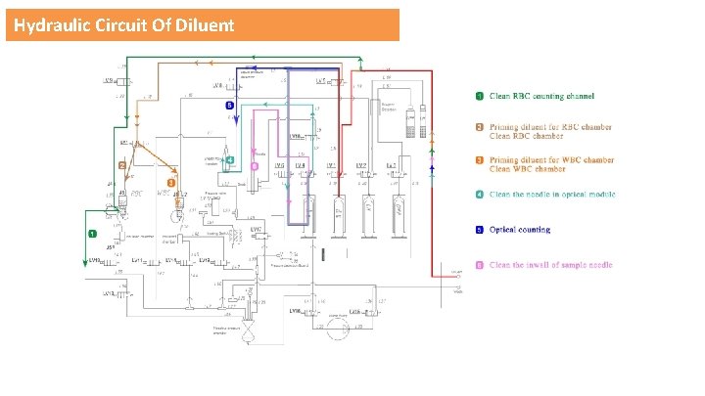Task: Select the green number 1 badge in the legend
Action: coord(480,96)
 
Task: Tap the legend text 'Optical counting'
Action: coord(520,230)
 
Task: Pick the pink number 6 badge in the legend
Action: coord(480,265)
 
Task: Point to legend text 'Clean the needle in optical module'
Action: coord(553,195)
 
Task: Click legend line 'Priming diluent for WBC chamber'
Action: coord(552,159)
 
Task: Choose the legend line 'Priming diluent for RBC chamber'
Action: coord(551,126)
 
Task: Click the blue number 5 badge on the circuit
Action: coord(228,104)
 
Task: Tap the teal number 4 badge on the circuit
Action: coord(228,158)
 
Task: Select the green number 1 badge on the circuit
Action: coord(91,235)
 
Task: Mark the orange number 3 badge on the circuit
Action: coord(171,182)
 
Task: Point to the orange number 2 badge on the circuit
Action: coord(122,166)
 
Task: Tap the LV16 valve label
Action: coord(293,311)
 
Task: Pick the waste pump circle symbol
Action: coord(338,325)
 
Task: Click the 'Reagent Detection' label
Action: coord(389,104)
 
